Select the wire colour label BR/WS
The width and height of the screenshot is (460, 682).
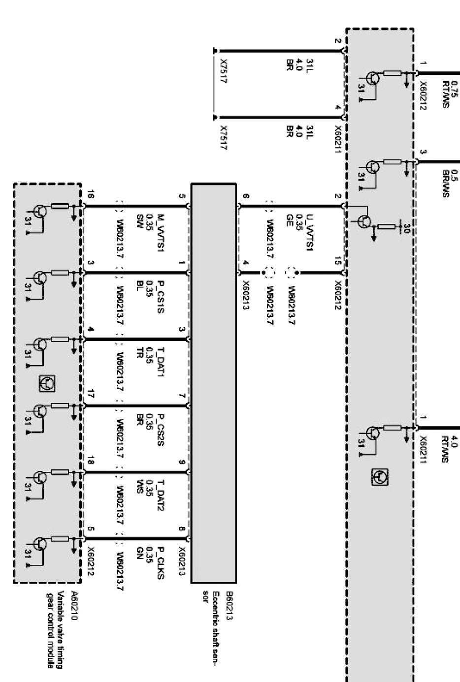(446, 184)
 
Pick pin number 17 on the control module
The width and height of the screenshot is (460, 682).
(91, 393)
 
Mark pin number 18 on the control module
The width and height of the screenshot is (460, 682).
(91, 462)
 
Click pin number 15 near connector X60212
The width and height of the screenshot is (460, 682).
(338, 262)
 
